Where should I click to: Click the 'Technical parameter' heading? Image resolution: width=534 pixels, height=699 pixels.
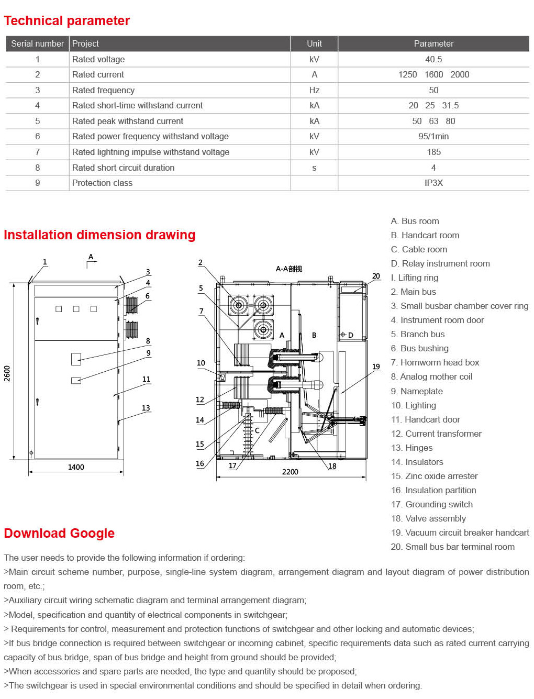click(66, 21)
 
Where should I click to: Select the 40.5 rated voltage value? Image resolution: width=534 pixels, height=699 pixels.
click(433, 59)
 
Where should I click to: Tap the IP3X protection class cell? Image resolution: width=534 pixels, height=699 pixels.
click(433, 183)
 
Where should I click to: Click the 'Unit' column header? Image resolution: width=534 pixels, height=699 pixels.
click(314, 43)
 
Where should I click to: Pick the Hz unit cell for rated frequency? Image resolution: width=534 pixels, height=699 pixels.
click(314, 90)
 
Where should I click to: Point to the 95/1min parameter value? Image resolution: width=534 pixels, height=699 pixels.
click(433, 136)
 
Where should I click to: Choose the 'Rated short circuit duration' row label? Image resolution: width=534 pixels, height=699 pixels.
click(123, 168)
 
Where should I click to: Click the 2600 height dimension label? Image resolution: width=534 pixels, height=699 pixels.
click(7, 373)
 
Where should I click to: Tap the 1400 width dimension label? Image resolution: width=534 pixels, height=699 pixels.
click(76, 467)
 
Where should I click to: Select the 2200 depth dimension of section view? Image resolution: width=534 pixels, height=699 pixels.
click(290, 472)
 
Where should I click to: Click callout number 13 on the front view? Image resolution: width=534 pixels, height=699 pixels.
click(146, 408)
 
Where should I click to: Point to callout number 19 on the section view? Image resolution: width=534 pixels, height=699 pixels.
click(376, 367)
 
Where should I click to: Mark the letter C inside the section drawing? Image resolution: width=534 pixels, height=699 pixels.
click(257, 430)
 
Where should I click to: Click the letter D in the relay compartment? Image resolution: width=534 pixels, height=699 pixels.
click(351, 335)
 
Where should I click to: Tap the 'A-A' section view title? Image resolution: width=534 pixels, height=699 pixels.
click(289, 269)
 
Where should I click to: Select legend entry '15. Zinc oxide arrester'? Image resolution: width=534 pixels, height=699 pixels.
click(434, 476)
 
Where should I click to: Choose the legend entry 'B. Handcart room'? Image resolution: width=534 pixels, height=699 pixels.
click(425, 235)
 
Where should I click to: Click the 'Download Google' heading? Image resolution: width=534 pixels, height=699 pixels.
click(59, 533)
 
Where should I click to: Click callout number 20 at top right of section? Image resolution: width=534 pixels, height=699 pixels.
click(376, 276)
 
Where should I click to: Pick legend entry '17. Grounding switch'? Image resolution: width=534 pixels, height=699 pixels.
click(431, 504)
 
